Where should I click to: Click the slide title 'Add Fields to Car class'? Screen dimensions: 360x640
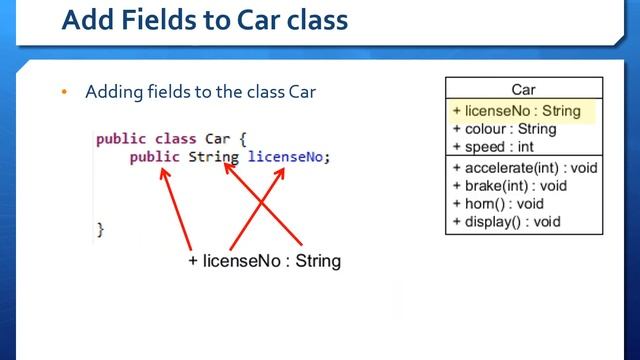click(204, 20)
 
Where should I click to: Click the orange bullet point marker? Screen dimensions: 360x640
click(64, 93)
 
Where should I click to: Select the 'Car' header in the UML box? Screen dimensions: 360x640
click(523, 90)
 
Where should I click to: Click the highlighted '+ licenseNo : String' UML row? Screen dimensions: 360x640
click(516, 111)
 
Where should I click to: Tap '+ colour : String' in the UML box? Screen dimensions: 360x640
click(504, 129)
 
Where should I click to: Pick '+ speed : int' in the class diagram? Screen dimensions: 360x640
click(493, 147)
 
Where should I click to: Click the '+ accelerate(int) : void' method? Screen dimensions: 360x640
click(524, 168)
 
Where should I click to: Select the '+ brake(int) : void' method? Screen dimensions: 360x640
click(509, 186)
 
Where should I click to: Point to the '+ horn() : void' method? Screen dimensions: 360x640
click(497, 204)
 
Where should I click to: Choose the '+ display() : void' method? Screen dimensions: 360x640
click(505, 222)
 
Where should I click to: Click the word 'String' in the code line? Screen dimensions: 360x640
click(212, 157)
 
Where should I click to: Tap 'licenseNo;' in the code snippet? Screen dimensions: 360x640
click(288, 157)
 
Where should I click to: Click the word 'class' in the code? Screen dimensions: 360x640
click(175, 139)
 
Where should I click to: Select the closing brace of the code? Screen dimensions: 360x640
click(100, 229)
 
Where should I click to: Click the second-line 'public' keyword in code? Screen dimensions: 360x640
click(154, 157)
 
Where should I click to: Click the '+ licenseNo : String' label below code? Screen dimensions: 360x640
click(264, 261)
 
